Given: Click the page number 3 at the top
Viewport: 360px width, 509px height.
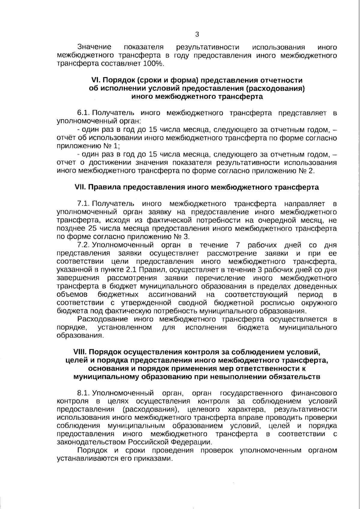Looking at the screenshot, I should [x=197, y=34].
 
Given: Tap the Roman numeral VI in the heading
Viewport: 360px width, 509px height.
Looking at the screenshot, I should [x=95, y=80].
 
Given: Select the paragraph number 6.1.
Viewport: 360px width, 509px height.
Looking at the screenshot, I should [x=84, y=113].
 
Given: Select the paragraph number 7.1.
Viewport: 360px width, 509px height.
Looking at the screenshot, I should [x=84, y=204].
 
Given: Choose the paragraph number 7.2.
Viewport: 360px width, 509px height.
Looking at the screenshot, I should [x=84, y=245].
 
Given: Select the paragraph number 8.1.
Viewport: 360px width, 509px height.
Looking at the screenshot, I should [x=84, y=393].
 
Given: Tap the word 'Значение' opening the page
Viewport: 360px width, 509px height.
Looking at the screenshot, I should [x=94, y=47].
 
